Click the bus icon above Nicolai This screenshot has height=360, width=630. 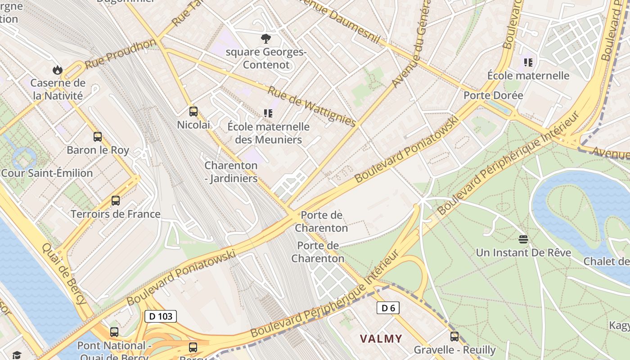(193, 111)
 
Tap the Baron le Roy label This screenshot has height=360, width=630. (98, 150)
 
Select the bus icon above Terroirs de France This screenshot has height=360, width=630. (116, 201)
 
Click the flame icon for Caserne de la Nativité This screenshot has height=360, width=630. (57, 70)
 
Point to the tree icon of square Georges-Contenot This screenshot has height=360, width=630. (266, 38)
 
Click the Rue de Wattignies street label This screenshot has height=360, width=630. (311, 106)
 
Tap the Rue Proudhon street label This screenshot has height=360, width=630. (120, 54)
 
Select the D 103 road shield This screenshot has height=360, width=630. (161, 316)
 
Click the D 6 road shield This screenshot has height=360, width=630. (388, 308)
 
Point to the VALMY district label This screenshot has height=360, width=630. (381, 338)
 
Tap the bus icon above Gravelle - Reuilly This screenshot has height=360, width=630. (454, 336)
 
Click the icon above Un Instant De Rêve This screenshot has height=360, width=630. (523, 239)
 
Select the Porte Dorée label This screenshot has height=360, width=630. (493, 95)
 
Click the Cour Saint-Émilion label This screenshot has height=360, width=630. (47, 173)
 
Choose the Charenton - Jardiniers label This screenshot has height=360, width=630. (231, 172)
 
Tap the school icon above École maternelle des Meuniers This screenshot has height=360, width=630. (268, 113)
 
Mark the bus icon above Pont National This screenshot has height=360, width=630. (114, 332)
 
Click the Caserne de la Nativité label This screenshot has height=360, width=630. (58, 89)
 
